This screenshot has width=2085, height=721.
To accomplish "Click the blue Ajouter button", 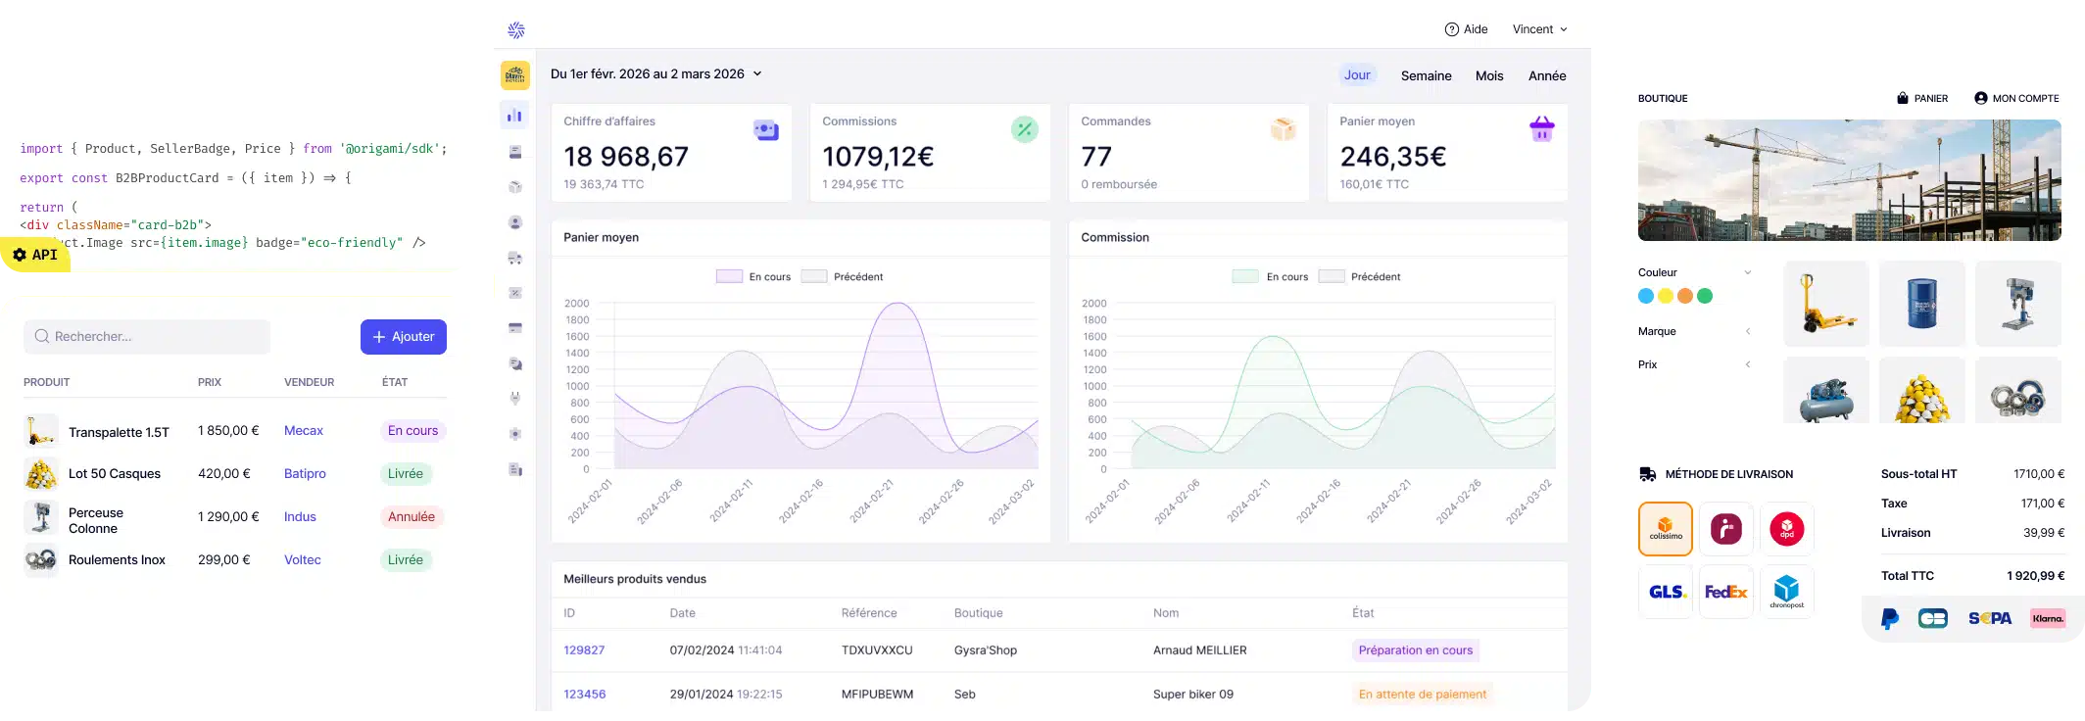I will point(403,337).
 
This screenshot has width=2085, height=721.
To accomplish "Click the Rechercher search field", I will point(147,337).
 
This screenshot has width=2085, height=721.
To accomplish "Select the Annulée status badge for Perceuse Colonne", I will point(412,517).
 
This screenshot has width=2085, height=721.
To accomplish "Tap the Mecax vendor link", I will point(303,431).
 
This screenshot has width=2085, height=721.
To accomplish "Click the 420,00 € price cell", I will point(224,474).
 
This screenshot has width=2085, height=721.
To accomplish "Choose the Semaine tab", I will point(1426,76).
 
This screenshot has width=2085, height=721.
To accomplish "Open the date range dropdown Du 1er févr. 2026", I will point(655,74).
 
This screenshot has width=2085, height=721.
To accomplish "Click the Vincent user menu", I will point(1539,29).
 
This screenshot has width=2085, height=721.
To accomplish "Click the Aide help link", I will point(1466,29).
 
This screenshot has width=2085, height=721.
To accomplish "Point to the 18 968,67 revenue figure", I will point(626,157).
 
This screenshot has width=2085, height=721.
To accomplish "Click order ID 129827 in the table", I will point(584,650).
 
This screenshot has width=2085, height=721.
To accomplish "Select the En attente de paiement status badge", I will point(1422,695).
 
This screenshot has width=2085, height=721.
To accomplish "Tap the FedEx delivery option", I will point(1725,592).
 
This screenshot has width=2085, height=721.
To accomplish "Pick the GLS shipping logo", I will point(1666,592).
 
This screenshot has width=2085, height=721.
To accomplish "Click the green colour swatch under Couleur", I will point(1705,296).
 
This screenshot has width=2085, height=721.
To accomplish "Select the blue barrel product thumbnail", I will point(1921,304).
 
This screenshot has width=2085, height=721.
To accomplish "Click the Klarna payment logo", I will point(2048,618).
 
